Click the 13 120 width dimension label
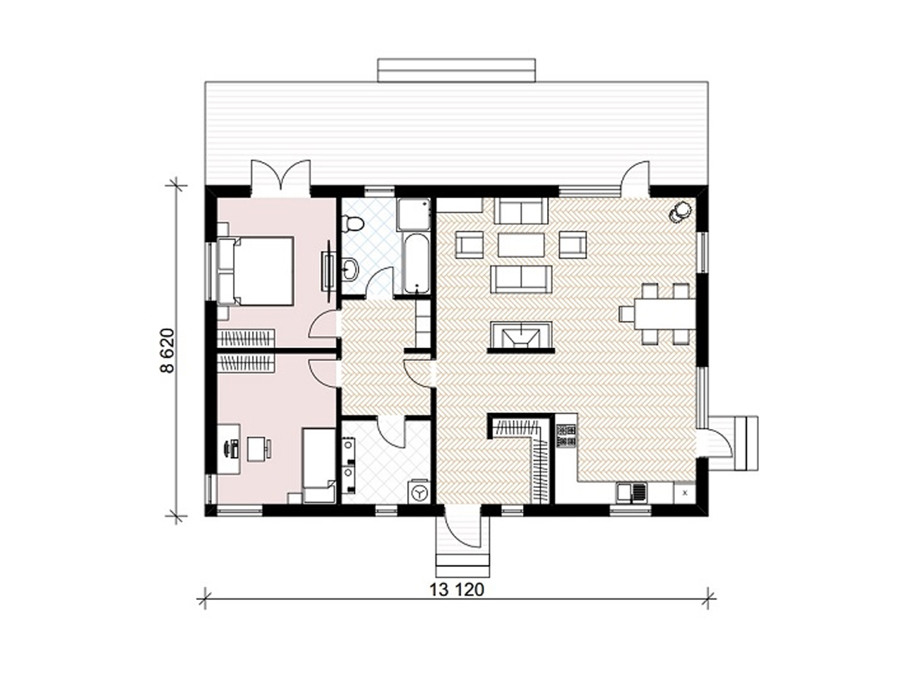point(456,590)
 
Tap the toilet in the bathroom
point(352,224)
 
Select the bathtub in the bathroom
point(417,264)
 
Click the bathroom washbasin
point(351,269)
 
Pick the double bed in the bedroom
point(256,271)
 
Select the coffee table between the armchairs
point(521,244)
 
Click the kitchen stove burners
point(566,436)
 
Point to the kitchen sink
point(633,493)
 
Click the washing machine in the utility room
point(419,492)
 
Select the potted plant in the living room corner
point(680,211)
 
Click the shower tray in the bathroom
point(413,214)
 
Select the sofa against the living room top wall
point(521,211)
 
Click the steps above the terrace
point(456,70)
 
